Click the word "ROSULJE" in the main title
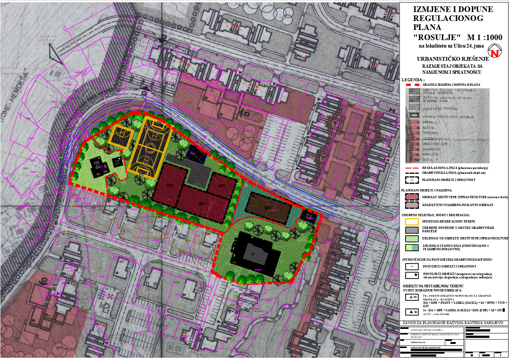click(437, 37)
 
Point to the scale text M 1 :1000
click(485, 37)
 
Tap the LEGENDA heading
click(413, 80)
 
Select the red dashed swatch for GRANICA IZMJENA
click(412, 85)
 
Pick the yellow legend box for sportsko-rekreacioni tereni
click(412, 221)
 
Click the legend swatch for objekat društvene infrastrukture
click(412, 197)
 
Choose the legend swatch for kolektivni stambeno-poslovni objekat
click(412, 205)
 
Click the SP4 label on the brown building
click(267, 208)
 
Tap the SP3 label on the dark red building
click(202, 204)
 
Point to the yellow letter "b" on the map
click(246, 184)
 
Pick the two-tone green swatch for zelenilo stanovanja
click(412, 248)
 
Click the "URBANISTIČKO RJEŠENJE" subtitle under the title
click(453, 59)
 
